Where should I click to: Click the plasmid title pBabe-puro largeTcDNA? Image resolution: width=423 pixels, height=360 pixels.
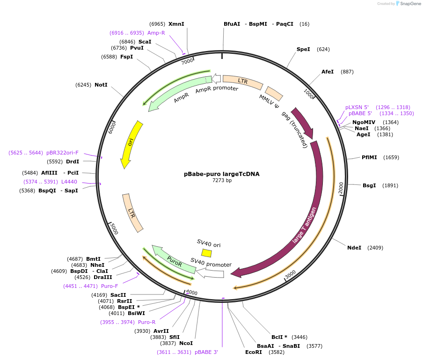pyautogui.click(x=221, y=174)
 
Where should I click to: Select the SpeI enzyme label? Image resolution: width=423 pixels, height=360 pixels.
pyautogui.click(x=303, y=49)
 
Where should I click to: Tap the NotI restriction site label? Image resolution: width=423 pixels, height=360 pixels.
pyautogui.click(x=101, y=85)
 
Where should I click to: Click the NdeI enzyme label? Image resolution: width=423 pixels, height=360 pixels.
pyautogui.click(x=354, y=248)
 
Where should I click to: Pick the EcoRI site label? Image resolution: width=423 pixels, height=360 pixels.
pyautogui.click(x=253, y=352)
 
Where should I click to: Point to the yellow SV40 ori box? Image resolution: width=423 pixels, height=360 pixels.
pyautogui.click(x=206, y=253)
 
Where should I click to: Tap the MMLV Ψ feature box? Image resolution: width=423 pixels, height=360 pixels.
pyautogui.click(x=274, y=93)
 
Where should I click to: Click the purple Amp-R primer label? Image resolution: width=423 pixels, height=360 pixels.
pyautogui.click(x=156, y=33)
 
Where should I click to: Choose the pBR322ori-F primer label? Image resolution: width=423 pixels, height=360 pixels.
pyautogui.click(x=63, y=153)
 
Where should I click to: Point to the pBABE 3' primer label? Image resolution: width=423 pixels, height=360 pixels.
pyautogui.click(x=206, y=352)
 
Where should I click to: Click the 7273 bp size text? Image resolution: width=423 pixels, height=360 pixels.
pyautogui.click(x=221, y=180)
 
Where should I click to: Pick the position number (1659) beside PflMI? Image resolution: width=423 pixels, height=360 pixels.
pyautogui.click(x=391, y=157)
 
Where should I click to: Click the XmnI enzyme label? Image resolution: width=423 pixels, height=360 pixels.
pyautogui.click(x=176, y=24)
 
